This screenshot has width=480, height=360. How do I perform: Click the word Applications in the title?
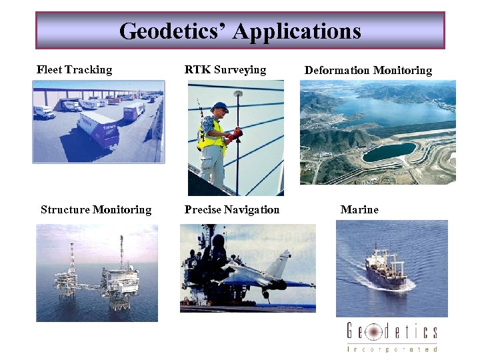point(297,31)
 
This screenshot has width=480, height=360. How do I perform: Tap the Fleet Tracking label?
point(74,69)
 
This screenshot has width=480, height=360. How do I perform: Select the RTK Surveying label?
point(225,69)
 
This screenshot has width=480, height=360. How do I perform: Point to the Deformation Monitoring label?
point(368,70)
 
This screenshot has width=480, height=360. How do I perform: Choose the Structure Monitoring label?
point(96,209)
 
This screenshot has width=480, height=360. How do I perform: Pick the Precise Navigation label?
point(232,209)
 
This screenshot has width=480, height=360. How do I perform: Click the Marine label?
point(359,209)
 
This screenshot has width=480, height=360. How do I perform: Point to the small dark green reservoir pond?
point(389,153)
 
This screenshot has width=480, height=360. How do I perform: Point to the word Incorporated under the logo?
point(392,348)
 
